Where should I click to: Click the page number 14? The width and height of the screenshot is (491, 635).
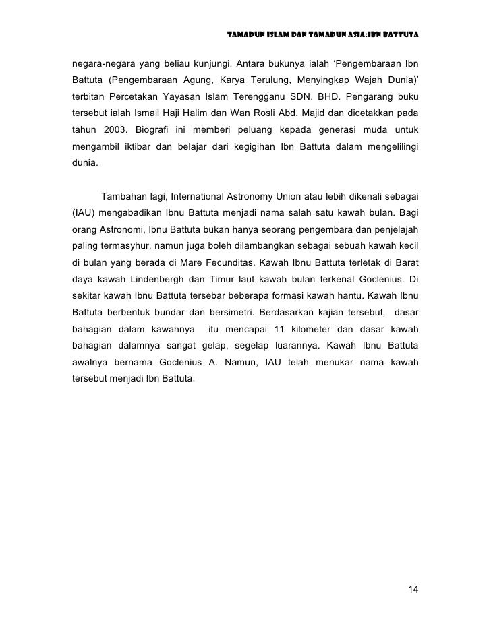[413, 590]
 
